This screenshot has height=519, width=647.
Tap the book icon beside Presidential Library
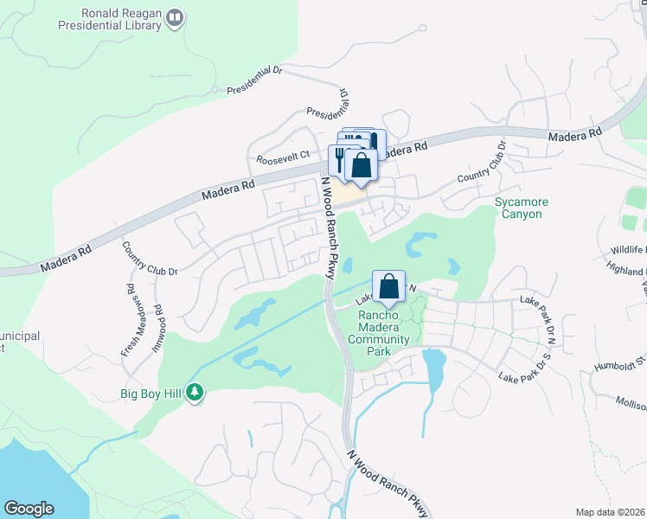tap(176, 18)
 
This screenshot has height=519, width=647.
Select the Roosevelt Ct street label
tap(283, 159)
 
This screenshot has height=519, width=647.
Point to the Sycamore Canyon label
tap(522, 208)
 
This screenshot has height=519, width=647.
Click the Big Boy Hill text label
tap(151, 394)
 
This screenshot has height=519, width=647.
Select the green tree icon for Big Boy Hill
tap(195, 394)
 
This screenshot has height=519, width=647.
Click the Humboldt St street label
tap(620, 362)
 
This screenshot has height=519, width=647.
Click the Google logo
tap(29, 508)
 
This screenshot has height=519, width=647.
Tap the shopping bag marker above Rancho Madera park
tap(389, 286)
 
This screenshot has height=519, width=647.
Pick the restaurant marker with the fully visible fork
tap(339, 159)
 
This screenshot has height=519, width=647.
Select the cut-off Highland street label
tap(626, 270)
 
